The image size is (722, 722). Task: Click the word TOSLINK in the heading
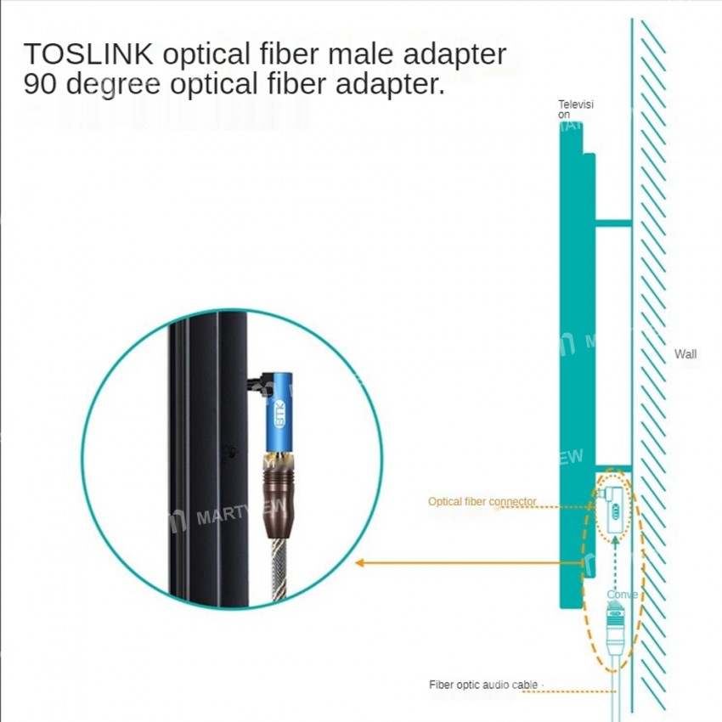coord(88,54)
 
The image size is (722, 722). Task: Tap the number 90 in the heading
coord(41,85)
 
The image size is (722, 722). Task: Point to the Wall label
coord(685,353)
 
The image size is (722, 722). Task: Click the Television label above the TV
coord(575,109)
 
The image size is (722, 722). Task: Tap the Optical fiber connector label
coord(482,501)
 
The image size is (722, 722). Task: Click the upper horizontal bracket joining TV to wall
coord(612,223)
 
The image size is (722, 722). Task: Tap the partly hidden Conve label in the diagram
coord(621,595)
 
